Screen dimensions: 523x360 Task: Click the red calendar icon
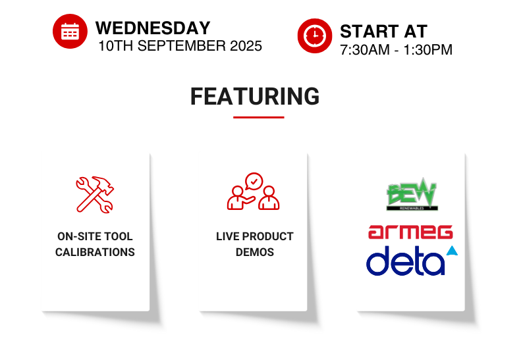click(x=70, y=32)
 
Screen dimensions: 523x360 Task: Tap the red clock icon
click(x=315, y=36)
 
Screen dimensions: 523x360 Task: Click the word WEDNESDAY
click(x=153, y=28)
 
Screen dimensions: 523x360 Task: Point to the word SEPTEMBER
click(x=181, y=46)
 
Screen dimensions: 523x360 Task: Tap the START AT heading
click(x=383, y=32)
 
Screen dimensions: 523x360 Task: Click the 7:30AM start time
click(x=364, y=50)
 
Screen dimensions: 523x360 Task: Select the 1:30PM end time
click(x=428, y=50)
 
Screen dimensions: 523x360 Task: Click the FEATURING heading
click(x=255, y=96)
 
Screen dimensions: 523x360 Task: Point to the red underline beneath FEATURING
click(x=258, y=117)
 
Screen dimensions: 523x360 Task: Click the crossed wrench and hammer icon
click(x=95, y=194)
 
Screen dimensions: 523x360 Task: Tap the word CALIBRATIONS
click(x=95, y=252)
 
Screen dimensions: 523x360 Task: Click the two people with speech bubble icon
click(x=253, y=192)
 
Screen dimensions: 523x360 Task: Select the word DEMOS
click(x=255, y=252)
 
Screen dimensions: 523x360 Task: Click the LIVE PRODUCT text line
click(x=255, y=236)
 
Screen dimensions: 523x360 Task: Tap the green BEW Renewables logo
click(x=412, y=194)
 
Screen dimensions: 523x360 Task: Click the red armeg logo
click(x=410, y=232)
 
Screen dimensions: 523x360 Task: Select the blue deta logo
click(x=412, y=261)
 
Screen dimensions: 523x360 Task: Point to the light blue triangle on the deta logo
click(x=453, y=251)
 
